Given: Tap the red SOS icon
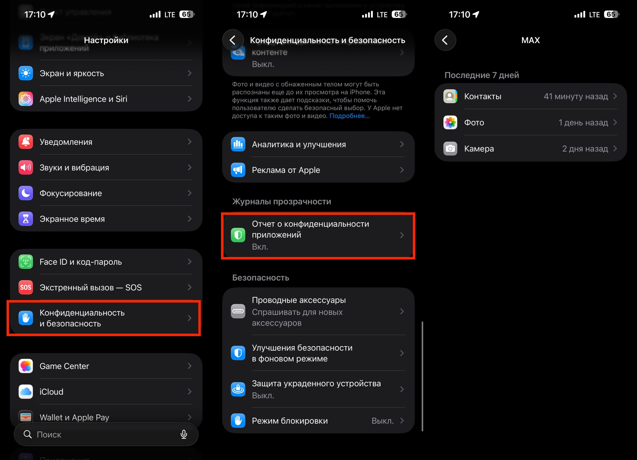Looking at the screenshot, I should [26, 287].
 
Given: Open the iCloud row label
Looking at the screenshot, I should [52, 392].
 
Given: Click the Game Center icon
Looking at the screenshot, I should [26, 366].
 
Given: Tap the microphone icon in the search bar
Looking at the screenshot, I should [184, 434].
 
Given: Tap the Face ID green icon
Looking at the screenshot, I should [26, 262].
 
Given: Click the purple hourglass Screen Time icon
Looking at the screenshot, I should [26, 219].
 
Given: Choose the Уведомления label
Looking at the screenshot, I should [66, 142].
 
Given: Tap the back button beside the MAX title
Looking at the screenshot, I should [445, 40].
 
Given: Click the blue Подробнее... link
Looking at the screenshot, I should [349, 116].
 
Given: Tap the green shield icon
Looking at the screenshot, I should [238, 235].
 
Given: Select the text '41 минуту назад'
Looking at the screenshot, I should [576, 96].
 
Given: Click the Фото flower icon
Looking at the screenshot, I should [450, 122].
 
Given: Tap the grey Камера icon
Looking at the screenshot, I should [450, 148].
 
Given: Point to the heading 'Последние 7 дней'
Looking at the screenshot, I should [481, 75].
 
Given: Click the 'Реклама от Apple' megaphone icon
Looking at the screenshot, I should [238, 170].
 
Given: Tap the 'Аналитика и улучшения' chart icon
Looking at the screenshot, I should [238, 144].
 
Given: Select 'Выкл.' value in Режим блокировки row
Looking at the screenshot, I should [382, 421].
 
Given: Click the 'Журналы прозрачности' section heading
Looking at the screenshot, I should [281, 201].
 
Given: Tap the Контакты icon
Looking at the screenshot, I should [450, 96].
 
